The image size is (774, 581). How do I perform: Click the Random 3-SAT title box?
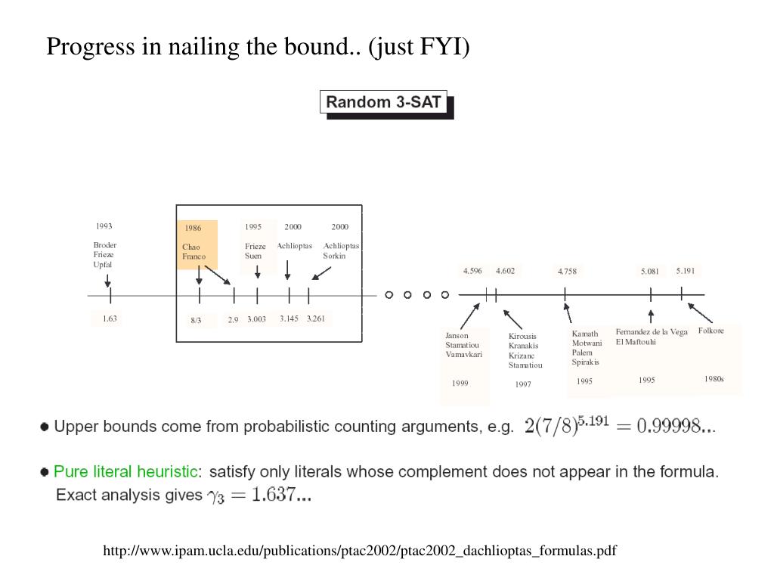[x=383, y=102]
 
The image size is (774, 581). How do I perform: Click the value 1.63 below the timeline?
[x=110, y=318]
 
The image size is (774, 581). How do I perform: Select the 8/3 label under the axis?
[x=196, y=320]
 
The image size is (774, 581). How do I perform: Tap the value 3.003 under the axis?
[x=257, y=319]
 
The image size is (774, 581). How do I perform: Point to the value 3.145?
[x=289, y=318]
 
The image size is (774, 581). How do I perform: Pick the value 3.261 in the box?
[x=316, y=318]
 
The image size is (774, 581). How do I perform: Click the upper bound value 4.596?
[x=472, y=271]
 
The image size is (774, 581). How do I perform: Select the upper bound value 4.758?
[x=567, y=272]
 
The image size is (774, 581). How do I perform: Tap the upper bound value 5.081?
[x=649, y=272]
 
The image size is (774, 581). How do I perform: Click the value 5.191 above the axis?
[x=685, y=271]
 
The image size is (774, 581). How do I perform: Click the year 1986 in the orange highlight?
[x=193, y=228]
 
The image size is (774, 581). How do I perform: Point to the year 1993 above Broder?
[x=104, y=226]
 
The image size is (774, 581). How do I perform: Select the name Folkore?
[x=711, y=331]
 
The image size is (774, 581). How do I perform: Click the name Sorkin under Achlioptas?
[x=334, y=256]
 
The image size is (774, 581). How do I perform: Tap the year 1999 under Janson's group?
[x=460, y=383]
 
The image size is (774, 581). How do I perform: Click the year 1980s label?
[x=714, y=379]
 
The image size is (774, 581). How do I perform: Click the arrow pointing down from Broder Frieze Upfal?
[x=107, y=280]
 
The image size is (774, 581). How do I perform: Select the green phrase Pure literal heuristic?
[x=125, y=471]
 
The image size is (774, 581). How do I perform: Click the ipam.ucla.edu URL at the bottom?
[x=360, y=551]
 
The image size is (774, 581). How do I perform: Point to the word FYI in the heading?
[x=440, y=46]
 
